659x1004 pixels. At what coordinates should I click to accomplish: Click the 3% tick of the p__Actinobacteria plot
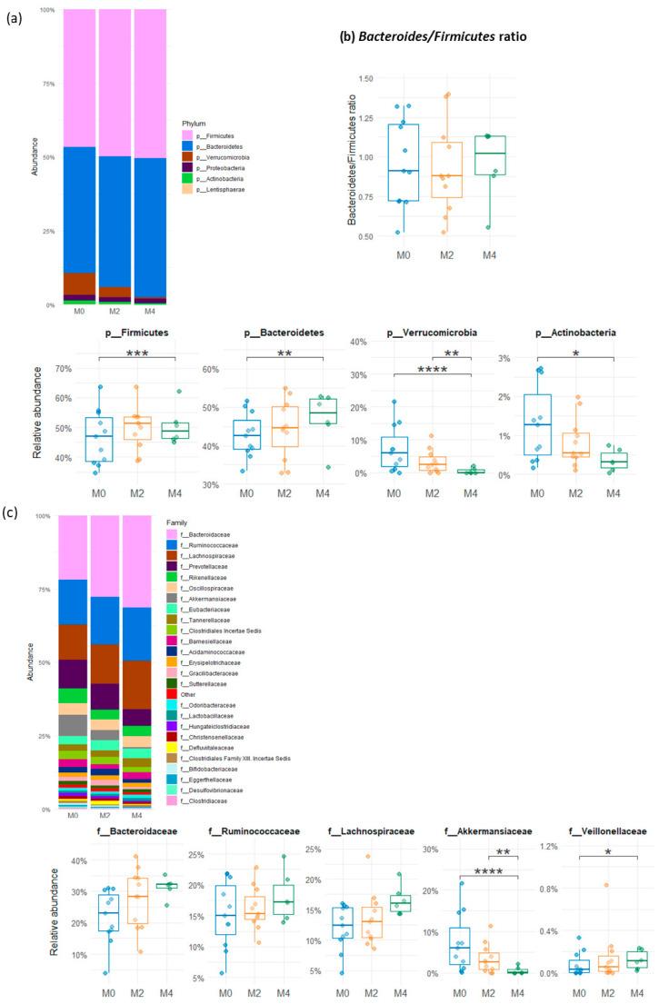click(x=522, y=358)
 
